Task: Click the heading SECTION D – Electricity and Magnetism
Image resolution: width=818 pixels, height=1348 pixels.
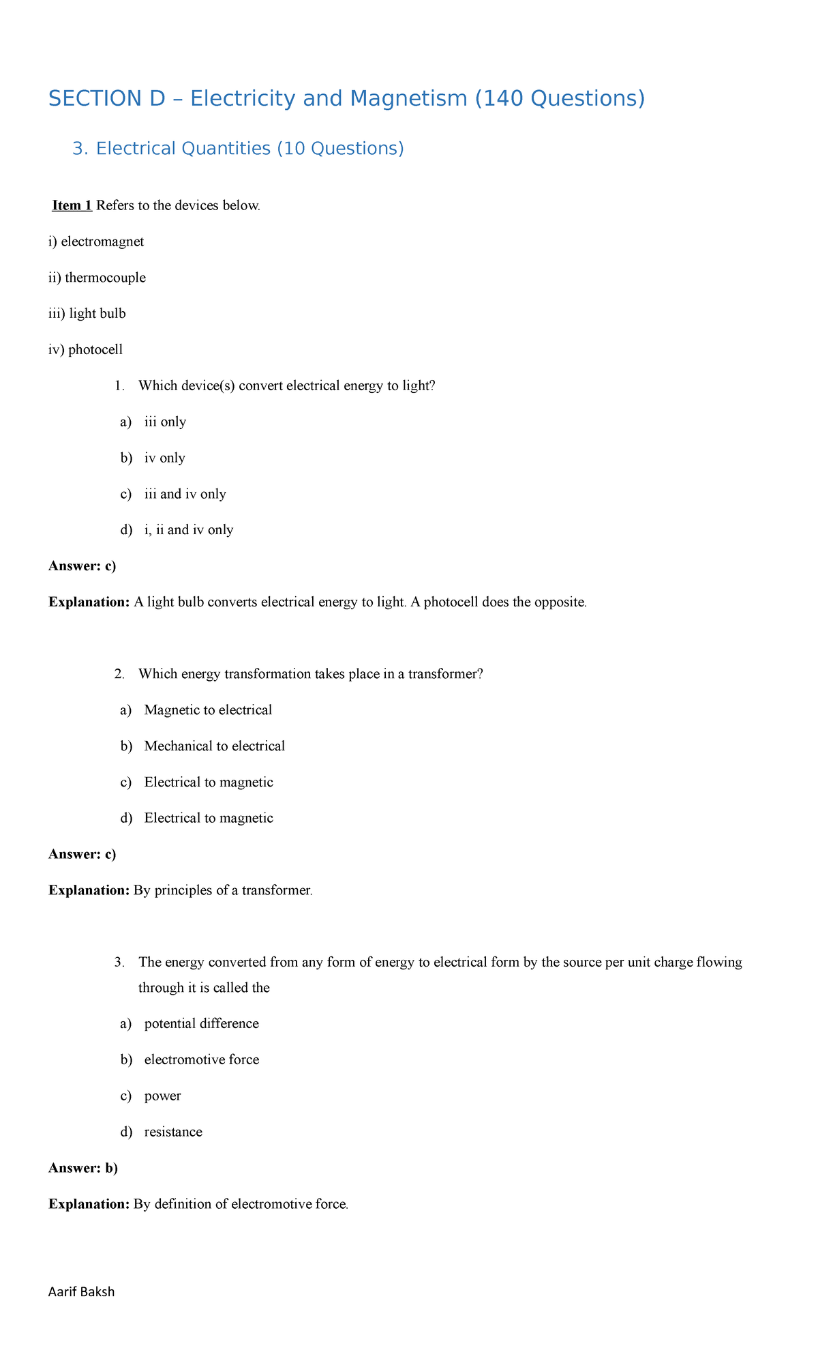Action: tap(346, 99)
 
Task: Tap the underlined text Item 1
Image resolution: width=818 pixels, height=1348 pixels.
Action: tap(72, 205)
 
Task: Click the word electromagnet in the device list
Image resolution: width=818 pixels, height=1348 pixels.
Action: tap(102, 241)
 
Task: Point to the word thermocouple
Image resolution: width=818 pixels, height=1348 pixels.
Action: tap(105, 278)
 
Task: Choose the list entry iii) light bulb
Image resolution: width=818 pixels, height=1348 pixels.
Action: tap(87, 313)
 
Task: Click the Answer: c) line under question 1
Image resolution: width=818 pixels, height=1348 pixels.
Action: tap(82, 566)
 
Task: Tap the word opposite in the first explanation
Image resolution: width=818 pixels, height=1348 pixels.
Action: tap(560, 602)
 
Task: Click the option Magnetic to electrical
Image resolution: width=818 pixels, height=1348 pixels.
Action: tap(208, 710)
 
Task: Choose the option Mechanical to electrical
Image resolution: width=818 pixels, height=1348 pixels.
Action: tap(214, 746)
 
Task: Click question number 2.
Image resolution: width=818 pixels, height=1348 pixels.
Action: tap(120, 674)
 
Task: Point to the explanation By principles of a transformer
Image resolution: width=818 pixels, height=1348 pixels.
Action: tap(222, 890)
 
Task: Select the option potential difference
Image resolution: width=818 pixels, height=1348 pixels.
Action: tap(201, 1023)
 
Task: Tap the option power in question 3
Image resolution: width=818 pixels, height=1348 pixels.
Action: tap(162, 1096)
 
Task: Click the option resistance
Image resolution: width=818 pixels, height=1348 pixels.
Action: tap(173, 1132)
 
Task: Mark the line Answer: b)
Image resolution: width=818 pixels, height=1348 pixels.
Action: tap(83, 1168)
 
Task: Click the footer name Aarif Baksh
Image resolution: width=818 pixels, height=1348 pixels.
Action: tap(81, 1291)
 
